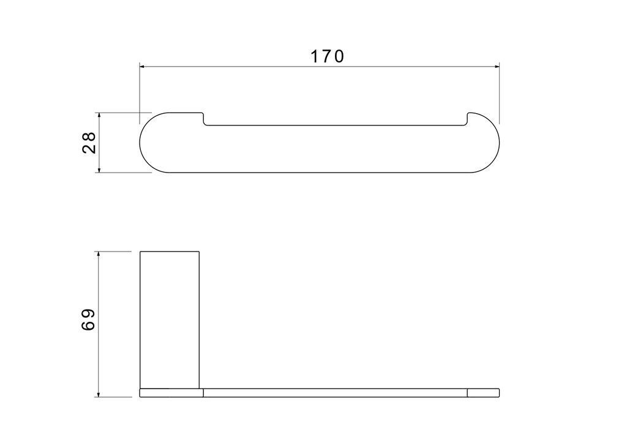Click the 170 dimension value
click(x=327, y=56)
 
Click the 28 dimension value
click(x=89, y=143)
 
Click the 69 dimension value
click(x=88, y=319)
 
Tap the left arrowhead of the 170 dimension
click(x=142, y=67)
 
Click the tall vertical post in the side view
click(x=170, y=319)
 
